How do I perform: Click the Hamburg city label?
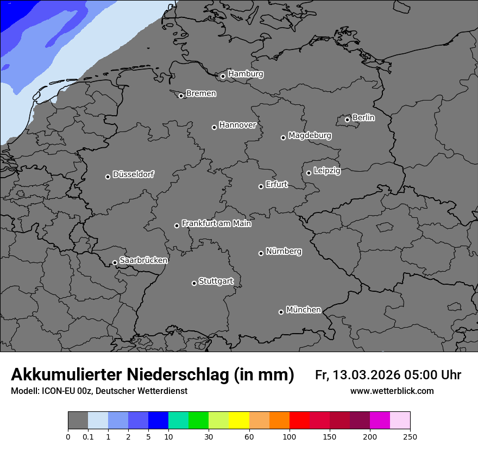click(246, 74)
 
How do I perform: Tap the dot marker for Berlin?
click(347, 120)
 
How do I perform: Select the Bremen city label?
click(201, 93)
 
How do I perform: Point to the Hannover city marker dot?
click(214, 127)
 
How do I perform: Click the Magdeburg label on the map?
click(310, 135)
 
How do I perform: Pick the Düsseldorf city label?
click(133, 174)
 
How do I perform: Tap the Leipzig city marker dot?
click(309, 173)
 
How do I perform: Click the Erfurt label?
click(276, 184)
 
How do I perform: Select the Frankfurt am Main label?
click(216, 223)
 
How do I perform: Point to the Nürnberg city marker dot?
click(261, 253)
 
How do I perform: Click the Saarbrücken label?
click(143, 260)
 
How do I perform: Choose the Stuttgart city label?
click(216, 281)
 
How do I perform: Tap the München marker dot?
click(281, 312)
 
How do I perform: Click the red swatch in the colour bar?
click(299, 421)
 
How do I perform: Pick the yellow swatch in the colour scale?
click(239, 421)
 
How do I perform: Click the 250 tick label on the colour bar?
click(410, 436)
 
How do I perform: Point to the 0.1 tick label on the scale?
click(88, 436)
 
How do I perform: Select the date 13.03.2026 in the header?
click(366, 375)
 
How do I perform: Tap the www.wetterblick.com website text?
click(392, 391)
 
